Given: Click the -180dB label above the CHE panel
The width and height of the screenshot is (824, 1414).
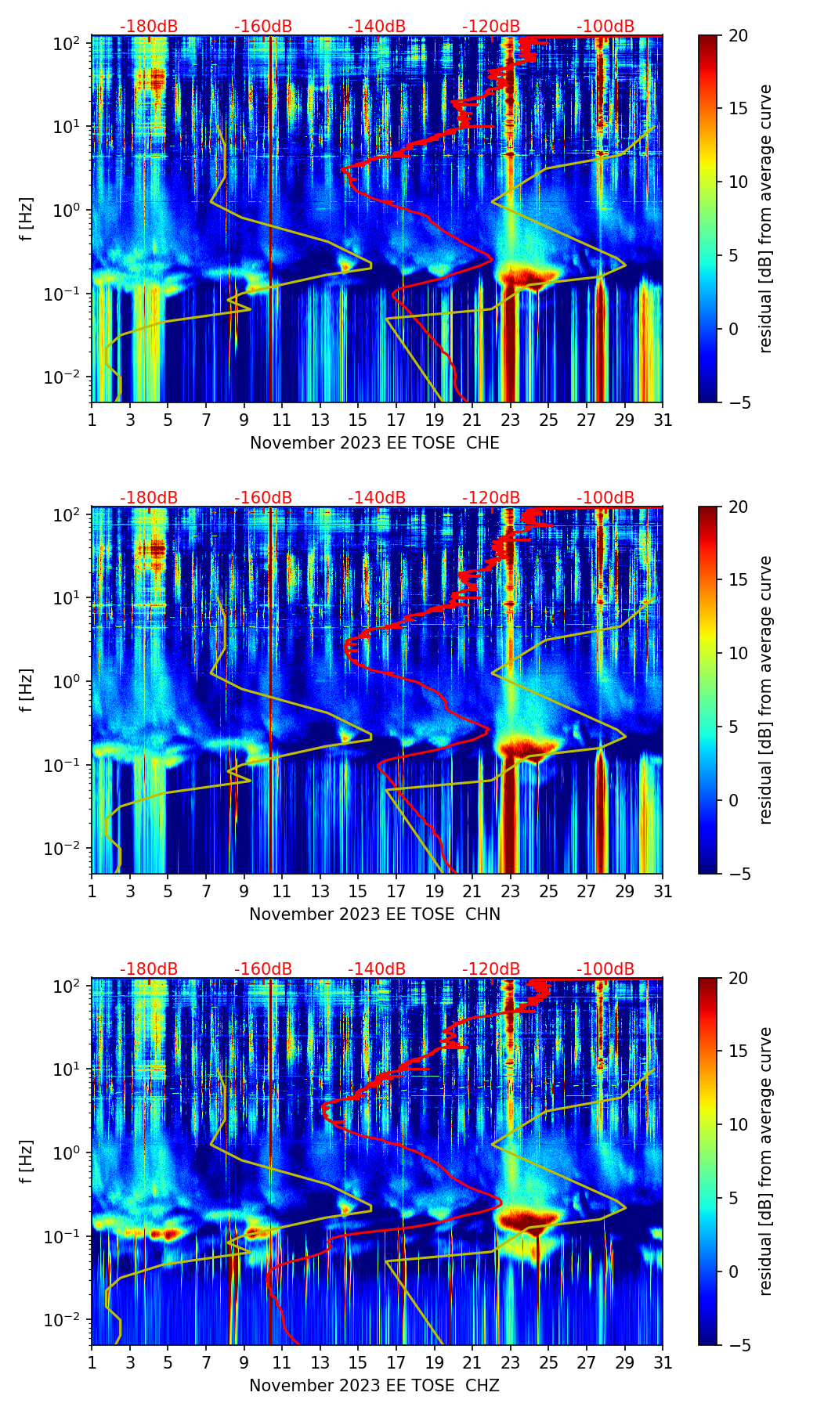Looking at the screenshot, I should click(149, 27).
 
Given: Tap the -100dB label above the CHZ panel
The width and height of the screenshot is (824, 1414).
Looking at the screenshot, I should click(605, 969).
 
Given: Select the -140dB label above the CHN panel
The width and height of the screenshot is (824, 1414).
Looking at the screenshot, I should click(377, 498).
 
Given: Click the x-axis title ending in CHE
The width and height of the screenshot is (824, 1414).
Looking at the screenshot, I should click(374, 443).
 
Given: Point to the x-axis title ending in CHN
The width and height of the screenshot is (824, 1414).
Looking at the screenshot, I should click(374, 914).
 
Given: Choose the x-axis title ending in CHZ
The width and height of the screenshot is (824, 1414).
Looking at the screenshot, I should click(374, 1386).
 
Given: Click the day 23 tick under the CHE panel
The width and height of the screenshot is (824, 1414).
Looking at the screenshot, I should click(511, 420).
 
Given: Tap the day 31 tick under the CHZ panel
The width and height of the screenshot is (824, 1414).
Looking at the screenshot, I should click(663, 1362).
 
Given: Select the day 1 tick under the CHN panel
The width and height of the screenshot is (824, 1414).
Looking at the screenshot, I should click(92, 891).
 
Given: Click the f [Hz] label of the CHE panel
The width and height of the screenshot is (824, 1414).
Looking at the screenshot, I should click(27, 219).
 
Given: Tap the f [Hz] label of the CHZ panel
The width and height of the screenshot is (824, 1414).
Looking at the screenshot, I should click(27, 1162).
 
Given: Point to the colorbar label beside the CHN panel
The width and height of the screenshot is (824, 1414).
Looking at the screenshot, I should click(765, 690).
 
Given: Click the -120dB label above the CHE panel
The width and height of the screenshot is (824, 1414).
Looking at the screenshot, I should click(491, 27).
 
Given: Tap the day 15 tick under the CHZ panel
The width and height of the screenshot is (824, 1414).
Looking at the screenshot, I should click(358, 1362).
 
